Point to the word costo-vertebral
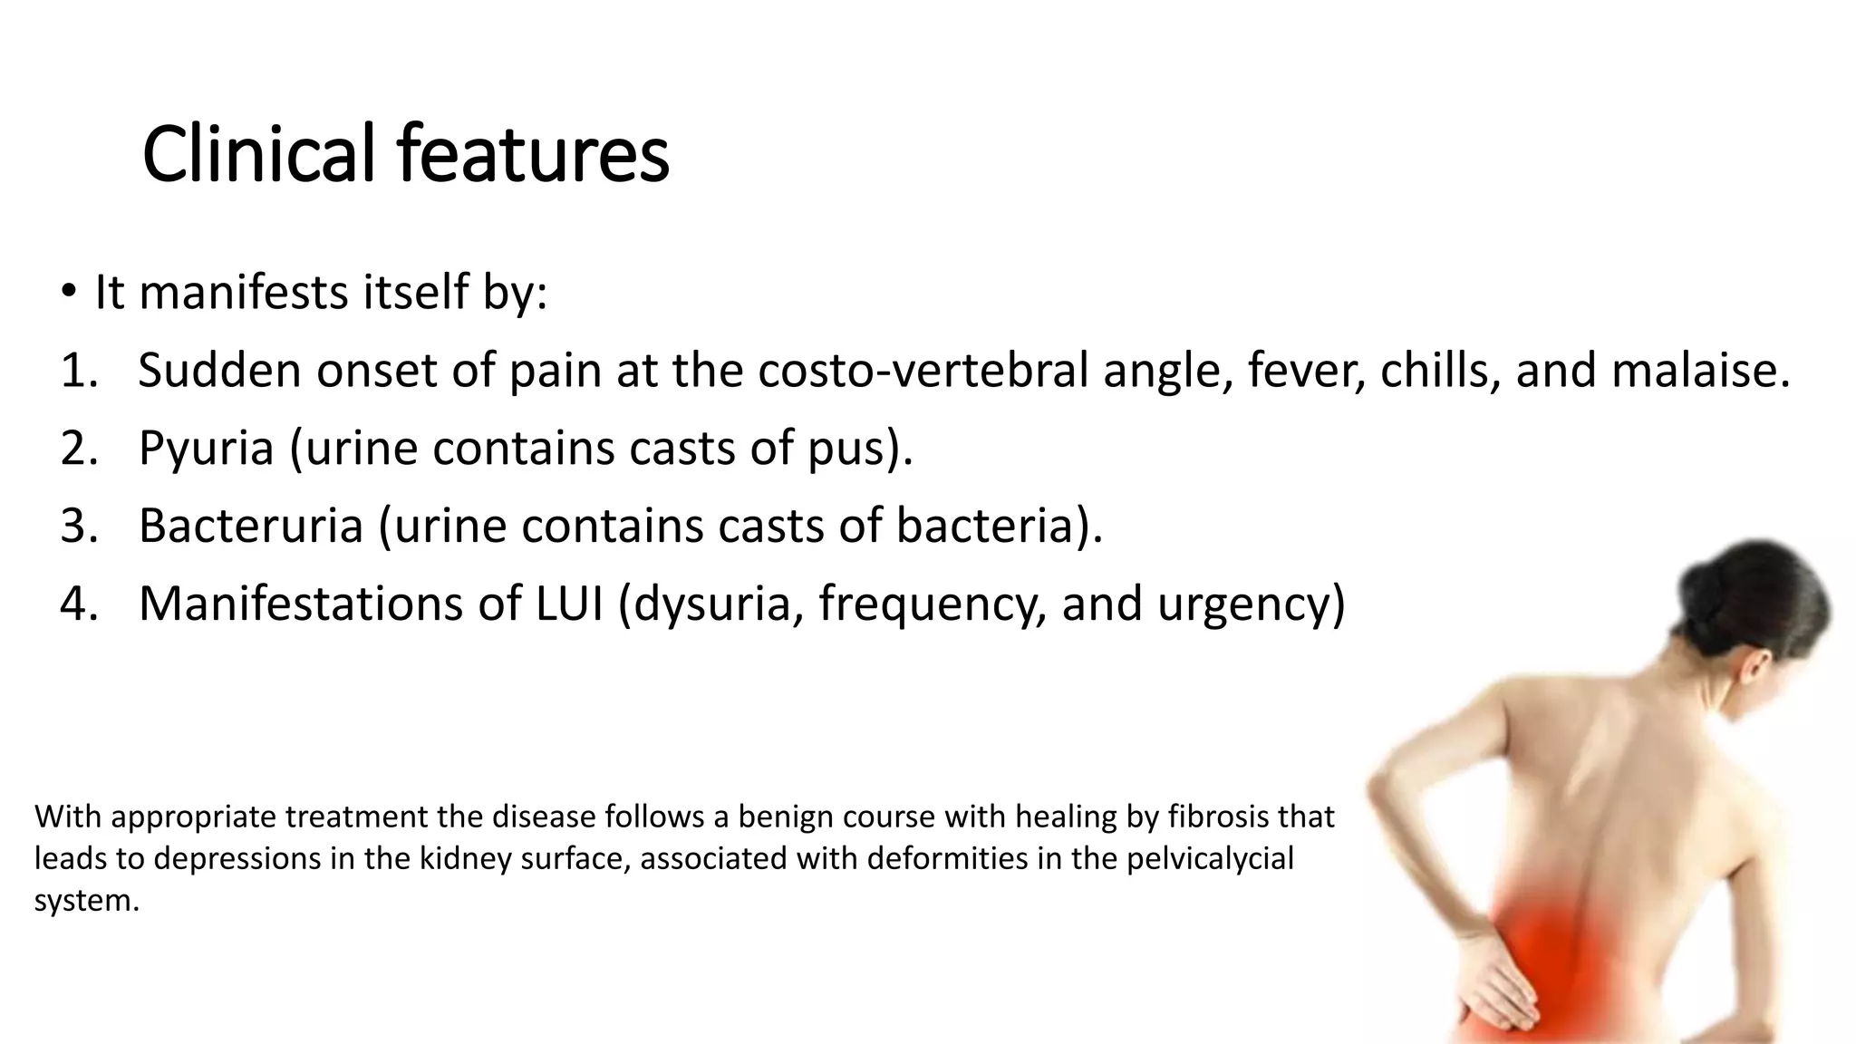point(923,371)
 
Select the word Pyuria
point(206,448)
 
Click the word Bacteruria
point(250,526)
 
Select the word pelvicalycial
point(1210,858)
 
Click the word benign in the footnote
point(785,817)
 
